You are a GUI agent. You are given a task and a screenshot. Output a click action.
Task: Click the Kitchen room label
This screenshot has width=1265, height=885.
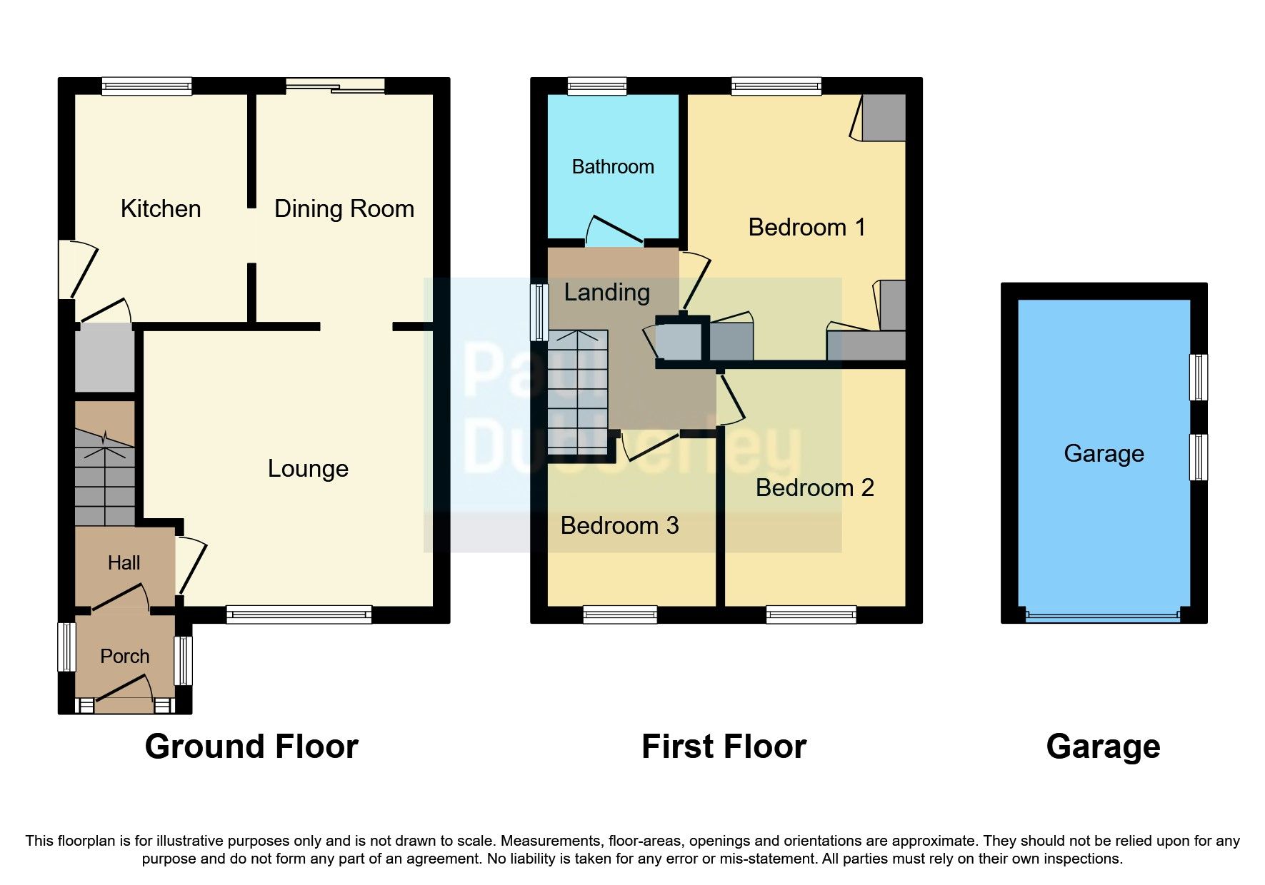[160, 208]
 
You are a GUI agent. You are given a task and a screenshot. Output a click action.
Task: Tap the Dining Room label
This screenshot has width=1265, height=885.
[344, 208]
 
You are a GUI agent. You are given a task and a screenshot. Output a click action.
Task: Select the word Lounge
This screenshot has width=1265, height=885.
[308, 468]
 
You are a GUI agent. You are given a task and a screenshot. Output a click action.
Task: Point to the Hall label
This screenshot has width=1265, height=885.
[124, 563]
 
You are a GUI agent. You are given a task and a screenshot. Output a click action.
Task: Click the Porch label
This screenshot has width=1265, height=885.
[124, 656]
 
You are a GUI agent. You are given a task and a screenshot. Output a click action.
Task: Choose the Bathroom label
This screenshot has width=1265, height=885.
[613, 167]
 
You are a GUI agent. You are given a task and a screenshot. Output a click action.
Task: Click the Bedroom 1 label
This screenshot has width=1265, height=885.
[806, 227]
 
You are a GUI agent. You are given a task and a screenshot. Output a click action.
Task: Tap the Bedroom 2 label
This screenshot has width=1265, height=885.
[814, 487]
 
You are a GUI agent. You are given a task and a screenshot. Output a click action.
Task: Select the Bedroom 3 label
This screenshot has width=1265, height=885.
[619, 525]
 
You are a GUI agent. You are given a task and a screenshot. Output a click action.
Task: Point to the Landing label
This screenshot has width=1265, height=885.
[606, 292]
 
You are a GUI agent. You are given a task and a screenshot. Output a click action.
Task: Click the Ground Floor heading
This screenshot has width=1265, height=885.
[251, 747]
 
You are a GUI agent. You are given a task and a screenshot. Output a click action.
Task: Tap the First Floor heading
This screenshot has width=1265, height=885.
[724, 747]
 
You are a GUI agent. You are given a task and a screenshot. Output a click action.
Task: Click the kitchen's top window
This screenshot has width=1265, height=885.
[146, 86]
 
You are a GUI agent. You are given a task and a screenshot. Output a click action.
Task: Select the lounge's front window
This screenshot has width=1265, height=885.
[299, 615]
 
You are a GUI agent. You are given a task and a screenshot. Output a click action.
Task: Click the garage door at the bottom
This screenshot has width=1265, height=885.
[1103, 615]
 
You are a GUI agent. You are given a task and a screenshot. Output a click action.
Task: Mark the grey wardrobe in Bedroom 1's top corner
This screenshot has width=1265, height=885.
[884, 117]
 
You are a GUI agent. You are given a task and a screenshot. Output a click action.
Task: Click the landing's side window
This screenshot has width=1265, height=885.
[539, 312]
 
